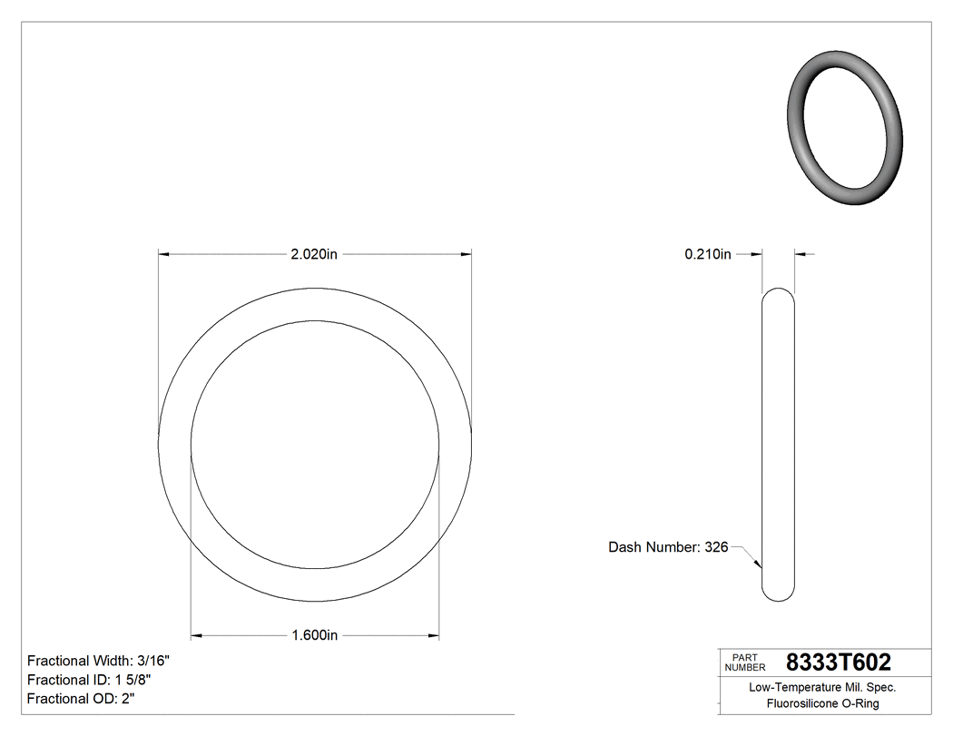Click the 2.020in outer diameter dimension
coord(314,255)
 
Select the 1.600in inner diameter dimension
coord(314,635)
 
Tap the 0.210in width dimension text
coord(707,255)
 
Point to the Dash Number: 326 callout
coord(668,547)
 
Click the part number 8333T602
coord(838,662)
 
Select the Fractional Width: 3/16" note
coord(98,661)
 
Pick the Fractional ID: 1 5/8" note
coord(88,680)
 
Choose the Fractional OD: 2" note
coord(82,699)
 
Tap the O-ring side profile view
coord(777,444)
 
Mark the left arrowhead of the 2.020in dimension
coord(164,255)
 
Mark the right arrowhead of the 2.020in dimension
coord(466,255)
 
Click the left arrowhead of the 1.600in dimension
coord(196,635)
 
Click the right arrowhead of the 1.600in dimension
coord(434,635)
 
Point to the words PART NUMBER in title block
coord(745,662)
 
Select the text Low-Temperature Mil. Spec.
coord(822,687)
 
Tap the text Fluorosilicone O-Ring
coord(822,703)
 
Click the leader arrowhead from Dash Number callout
coord(758,564)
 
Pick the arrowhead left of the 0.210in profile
coord(755,255)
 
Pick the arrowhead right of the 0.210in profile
coord(800,255)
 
